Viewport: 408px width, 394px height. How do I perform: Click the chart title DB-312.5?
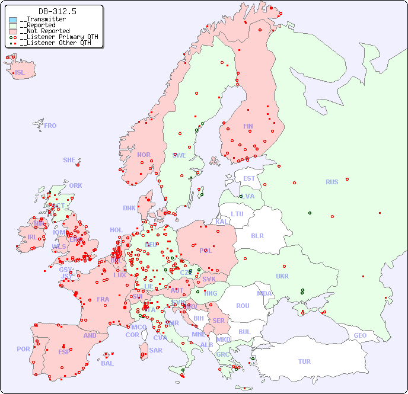tap(57, 11)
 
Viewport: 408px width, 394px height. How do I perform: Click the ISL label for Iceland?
tap(20, 73)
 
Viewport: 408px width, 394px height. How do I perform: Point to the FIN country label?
tap(248, 126)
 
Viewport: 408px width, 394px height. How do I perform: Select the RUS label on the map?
tap(332, 182)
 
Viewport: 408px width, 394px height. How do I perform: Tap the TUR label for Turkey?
tap(304, 361)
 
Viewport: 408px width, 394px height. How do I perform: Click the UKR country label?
tap(282, 276)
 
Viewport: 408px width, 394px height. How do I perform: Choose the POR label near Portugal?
tap(23, 349)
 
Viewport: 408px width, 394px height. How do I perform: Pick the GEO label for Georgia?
tap(360, 335)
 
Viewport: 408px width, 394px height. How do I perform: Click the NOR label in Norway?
tap(144, 155)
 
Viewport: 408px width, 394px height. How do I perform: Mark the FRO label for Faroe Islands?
tap(50, 126)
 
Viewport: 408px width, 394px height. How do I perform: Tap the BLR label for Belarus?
tap(257, 235)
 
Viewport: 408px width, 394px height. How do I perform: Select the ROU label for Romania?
tap(243, 306)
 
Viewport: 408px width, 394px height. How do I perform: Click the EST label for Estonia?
tap(249, 178)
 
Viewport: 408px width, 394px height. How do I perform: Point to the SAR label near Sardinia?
tap(155, 350)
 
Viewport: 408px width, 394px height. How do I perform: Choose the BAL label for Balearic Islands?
tap(107, 363)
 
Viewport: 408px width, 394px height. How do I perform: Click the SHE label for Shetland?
tap(69, 160)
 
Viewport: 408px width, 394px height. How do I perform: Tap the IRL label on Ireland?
tap(31, 236)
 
